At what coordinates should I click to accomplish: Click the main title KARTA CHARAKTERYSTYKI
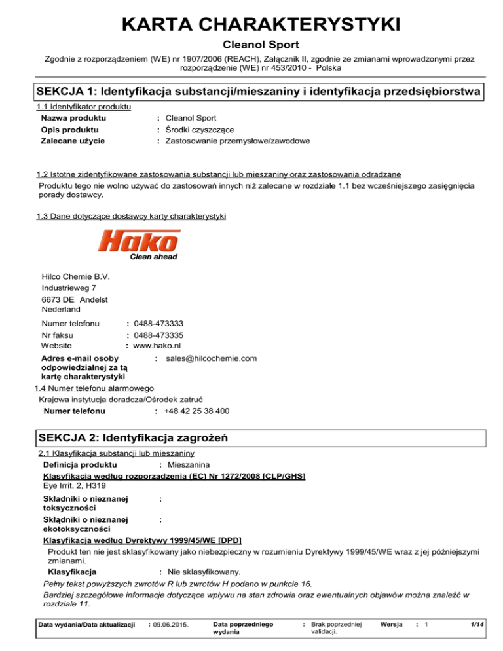pyautogui.click(x=251, y=26)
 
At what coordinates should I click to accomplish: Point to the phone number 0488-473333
pyautogui.click(x=158, y=324)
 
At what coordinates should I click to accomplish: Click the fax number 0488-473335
pyautogui.click(x=158, y=335)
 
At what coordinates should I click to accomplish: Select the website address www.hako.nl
pyautogui.click(x=157, y=345)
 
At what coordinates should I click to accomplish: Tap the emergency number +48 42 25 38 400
pyautogui.click(x=196, y=411)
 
